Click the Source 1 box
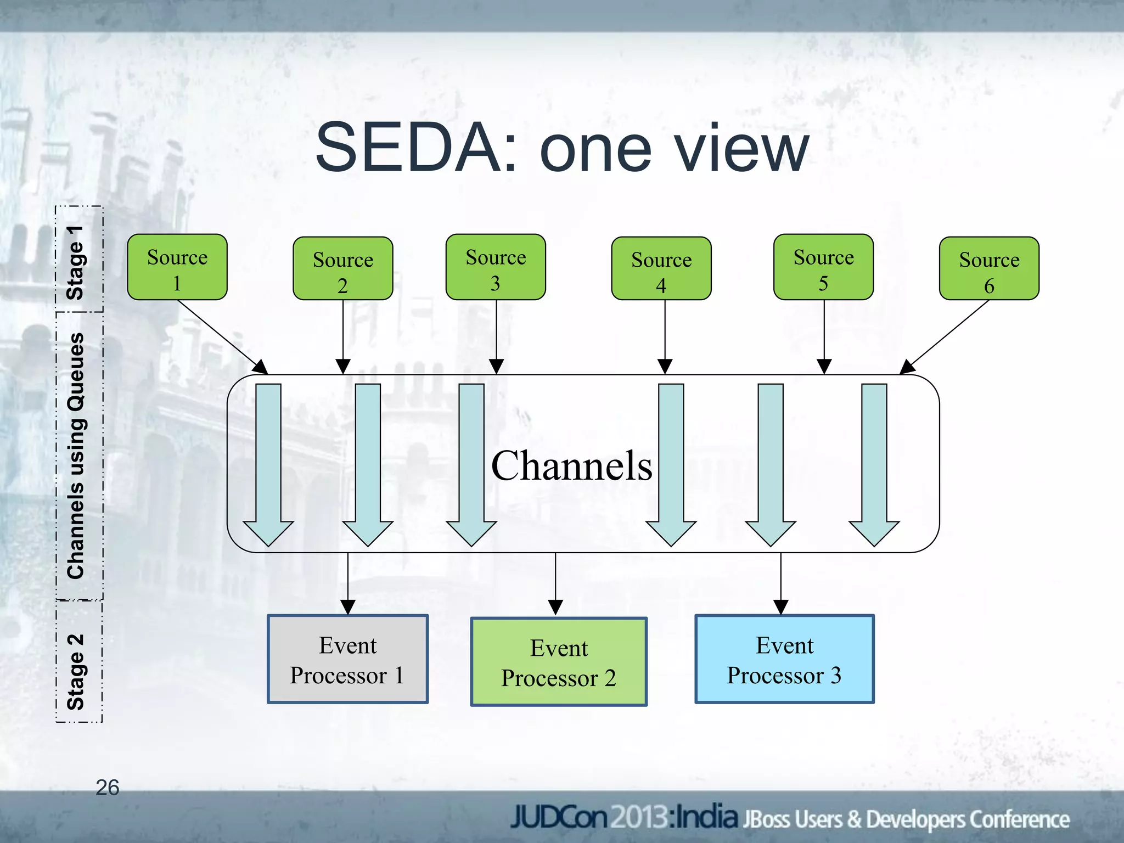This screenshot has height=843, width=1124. [177, 267]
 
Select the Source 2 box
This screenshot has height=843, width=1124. [342, 269]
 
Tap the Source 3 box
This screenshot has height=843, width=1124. [496, 267]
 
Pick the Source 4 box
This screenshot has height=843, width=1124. [661, 269]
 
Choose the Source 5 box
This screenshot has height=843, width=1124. [823, 267]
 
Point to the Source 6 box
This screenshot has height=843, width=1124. [989, 269]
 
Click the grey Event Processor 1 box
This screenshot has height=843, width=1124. [347, 659]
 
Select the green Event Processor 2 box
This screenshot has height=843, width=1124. [559, 662]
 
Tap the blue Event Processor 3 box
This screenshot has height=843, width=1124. [784, 659]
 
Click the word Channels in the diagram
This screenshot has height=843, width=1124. [571, 465]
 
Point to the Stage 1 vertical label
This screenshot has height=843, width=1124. [75, 262]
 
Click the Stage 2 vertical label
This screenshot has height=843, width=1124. [76, 672]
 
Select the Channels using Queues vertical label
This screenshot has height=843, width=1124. [76, 456]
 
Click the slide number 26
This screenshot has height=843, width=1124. [107, 788]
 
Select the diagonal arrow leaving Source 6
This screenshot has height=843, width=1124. [945, 336]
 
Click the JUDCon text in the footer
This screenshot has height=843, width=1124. [559, 817]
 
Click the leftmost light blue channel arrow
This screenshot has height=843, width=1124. [268, 464]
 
